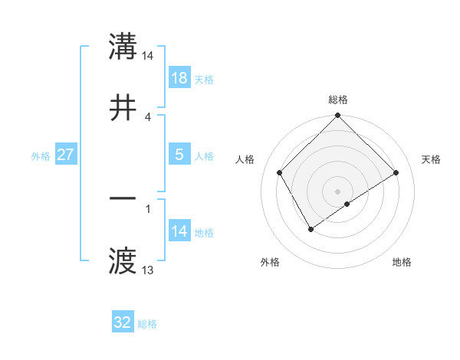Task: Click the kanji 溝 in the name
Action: pos(123,47)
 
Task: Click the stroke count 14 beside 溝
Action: pos(148,56)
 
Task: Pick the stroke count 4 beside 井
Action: pos(148,116)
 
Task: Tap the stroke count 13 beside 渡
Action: pos(148,270)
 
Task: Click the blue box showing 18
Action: pos(179,78)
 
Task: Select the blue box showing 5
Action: pos(179,155)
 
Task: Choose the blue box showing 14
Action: pos(179,231)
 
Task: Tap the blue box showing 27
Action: pos(66,155)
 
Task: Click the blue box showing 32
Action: pos(123,322)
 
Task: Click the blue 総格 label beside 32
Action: pos(147,324)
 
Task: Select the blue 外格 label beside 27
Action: pos(41,156)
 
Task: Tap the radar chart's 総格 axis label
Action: pos(338,100)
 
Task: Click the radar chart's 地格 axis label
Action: pos(402,262)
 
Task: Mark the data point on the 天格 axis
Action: pos(396,173)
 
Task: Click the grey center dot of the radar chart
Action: pos(338,191)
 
